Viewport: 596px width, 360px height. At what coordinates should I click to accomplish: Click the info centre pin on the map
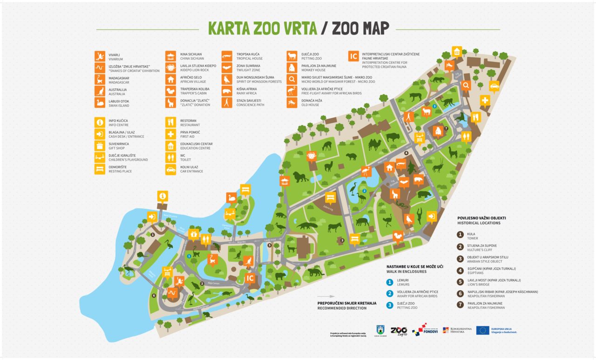click(x=162, y=196)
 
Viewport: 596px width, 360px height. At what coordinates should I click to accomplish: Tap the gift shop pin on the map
click(x=194, y=233)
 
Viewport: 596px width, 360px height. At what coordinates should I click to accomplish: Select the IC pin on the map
click(x=250, y=278)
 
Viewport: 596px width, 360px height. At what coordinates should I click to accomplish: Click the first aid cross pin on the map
click(x=485, y=101)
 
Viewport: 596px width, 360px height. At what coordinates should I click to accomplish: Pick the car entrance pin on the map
click(x=494, y=86)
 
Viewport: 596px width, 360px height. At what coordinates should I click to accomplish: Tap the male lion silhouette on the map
click(x=300, y=177)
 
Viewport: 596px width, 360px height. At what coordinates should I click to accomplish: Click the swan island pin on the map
click(x=232, y=198)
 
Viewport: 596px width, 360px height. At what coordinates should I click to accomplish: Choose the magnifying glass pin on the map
click(x=466, y=85)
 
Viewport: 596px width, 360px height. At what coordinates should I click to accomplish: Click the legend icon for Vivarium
click(x=99, y=56)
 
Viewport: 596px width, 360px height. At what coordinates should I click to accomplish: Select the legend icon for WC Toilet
click(x=171, y=157)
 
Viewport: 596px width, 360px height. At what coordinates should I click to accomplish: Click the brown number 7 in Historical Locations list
click(x=460, y=304)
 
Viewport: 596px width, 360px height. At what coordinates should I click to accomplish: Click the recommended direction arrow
click(x=325, y=296)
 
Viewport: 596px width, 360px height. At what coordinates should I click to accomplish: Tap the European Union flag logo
click(x=482, y=330)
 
